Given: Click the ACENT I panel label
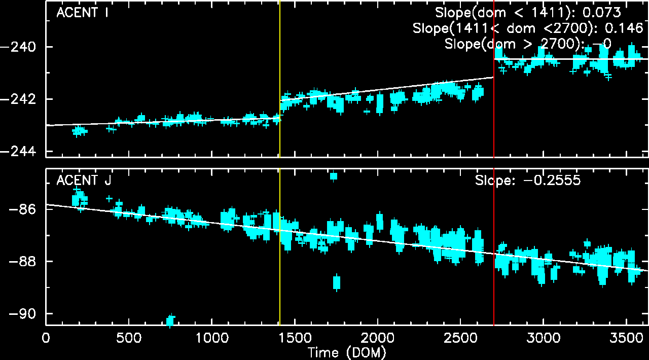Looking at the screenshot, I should click(x=82, y=13).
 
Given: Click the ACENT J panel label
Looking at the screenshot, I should click(x=84, y=181).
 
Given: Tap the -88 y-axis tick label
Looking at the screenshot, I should click(x=24, y=262).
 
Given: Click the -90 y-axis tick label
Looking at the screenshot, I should click(x=24, y=314).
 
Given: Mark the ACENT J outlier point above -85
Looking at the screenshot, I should click(x=334, y=176).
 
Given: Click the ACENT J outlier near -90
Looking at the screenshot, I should click(x=170, y=320).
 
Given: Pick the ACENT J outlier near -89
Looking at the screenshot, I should click(x=337, y=282).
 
